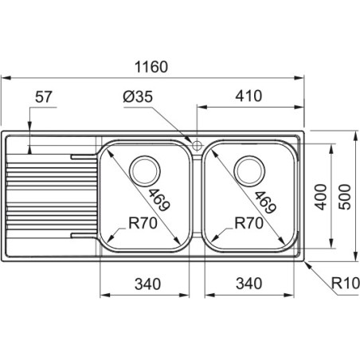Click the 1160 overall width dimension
click(151, 67)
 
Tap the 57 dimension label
click(44, 97)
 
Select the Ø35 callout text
click(138, 96)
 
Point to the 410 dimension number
click(248, 96)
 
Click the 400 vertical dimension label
click(320, 197)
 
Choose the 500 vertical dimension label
click(345, 197)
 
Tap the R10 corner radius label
click(346, 283)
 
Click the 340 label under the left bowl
click(147, 284)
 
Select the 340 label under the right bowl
click(249, 284)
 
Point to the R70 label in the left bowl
click(143, 223)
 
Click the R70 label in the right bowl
click(249, 223)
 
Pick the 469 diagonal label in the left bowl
click(158, 200)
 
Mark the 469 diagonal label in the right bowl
click(265, 202)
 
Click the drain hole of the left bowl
click(144, 170)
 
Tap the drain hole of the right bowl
click(249, 170)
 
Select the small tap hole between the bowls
click(197, 145)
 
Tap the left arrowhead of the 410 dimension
click(202, 108)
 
